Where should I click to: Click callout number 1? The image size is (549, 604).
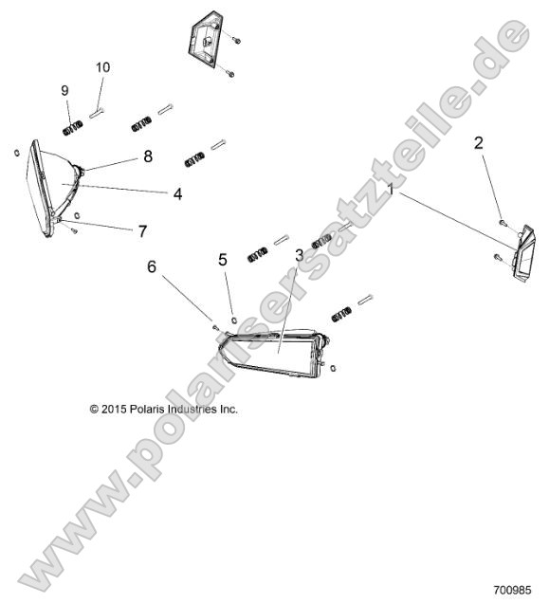click(390, 191)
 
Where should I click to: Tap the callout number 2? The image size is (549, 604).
click(479, 143)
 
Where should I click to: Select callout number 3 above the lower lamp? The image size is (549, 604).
click(299, 254)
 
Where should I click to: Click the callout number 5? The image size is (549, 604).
click(223, 259)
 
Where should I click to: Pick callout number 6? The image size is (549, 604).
click(151, 268)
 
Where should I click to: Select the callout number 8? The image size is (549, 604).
click(148, 156)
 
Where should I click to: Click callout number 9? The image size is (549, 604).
click(65, 90)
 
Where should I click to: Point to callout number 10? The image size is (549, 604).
click(102, 67)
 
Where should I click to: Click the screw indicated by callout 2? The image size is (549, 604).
click(501, 222)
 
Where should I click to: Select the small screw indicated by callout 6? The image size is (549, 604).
click(216, 327)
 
